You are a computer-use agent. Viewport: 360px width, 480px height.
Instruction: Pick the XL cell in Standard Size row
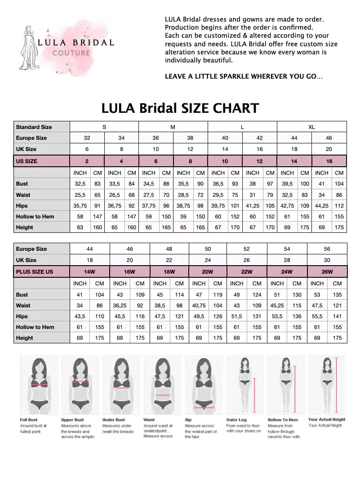coord(311,127)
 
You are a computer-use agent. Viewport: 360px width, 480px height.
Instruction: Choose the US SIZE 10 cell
coord(225,161)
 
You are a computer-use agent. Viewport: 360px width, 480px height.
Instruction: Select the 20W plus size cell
coord(208,272)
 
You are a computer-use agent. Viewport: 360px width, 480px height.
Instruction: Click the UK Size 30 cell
coord(327,260)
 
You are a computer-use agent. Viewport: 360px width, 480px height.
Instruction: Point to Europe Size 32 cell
coord(87,138)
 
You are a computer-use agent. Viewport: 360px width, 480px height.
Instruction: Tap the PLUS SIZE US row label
coord(35,272)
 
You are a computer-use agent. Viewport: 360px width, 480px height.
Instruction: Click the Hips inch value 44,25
coord(322,206)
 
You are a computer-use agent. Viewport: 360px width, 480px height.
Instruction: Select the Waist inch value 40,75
coord(199,306)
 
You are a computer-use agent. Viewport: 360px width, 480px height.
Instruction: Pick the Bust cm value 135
coord(337,295)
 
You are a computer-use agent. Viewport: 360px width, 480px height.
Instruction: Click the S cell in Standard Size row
coord(104,127)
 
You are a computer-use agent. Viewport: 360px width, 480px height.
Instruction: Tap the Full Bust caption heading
coord(29,420)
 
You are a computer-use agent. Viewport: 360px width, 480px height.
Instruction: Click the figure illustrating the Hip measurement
coord(203,385)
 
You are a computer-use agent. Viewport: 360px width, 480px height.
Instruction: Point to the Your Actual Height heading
coord(327,419)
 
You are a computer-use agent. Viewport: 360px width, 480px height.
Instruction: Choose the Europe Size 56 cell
coord(327,249)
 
